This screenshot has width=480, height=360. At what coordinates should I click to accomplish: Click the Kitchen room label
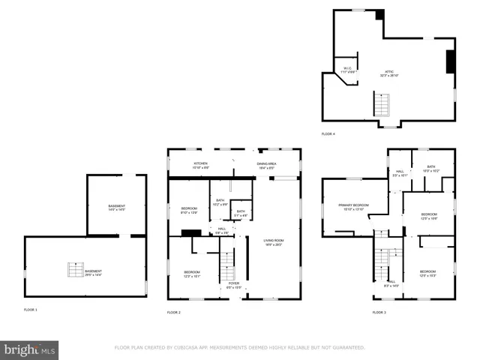point(201,165)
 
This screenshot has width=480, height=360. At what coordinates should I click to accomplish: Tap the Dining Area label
point(268,165)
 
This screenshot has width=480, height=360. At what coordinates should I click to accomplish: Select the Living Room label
point(274,242)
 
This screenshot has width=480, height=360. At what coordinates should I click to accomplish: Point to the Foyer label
point(234,284)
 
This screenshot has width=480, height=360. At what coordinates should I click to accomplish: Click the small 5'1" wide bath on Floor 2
point(241,213)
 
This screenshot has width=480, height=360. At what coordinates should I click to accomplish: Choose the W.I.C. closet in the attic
point(347,70)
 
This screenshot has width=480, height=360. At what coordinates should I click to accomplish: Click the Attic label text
point(389,73)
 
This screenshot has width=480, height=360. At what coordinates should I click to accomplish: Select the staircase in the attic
point(382,104)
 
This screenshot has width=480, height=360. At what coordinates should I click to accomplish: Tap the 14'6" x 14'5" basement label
point(116,207)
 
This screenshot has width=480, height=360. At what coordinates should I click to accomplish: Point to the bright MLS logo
point(29,350)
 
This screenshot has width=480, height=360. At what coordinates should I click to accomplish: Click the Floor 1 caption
point(30,309)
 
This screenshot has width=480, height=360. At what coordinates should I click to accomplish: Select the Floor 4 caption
point(328,133)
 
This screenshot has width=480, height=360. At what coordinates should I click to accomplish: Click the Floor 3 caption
point(379,311)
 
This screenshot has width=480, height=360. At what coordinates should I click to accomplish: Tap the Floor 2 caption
point(174,311)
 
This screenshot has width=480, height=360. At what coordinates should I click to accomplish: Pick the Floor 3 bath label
point(431,169)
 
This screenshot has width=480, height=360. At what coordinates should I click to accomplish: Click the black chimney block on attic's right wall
point(450,61)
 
